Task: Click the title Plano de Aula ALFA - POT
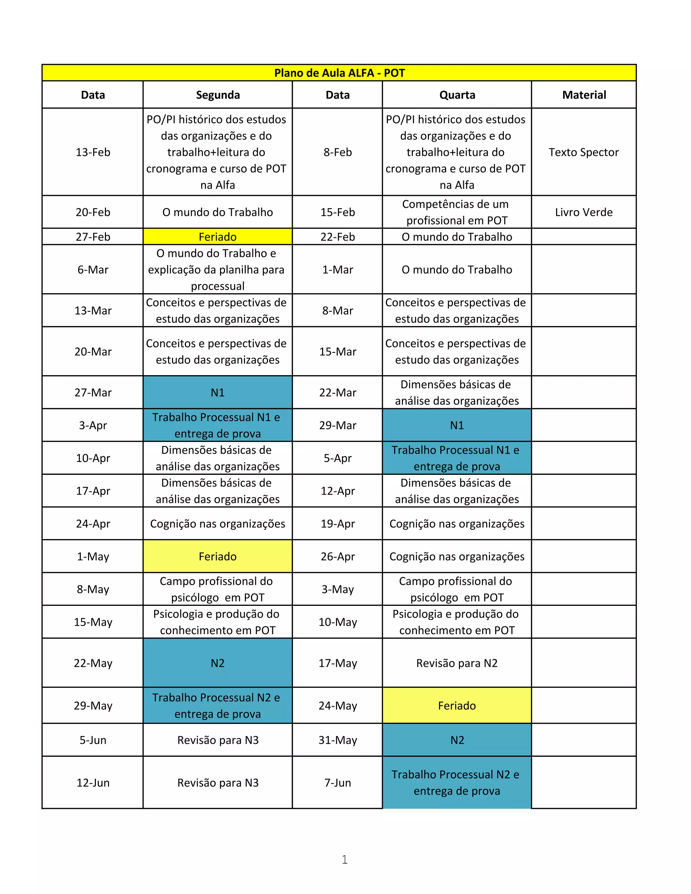click(x=339, y=73)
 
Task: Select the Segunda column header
click(x=217, y=95)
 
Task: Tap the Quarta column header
click(x=457, y=95)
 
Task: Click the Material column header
click(x=584, y=95)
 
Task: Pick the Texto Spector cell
click(x=583, y=152)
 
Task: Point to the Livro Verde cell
click(x=583, y=212)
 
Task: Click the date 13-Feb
click(x=93, y=152)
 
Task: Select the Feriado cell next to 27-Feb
click(x=217, y=236)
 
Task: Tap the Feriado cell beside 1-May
click(x=217, y=556)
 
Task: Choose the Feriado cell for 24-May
click(x=457, y=705)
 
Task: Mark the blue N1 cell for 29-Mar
click(x=457, y=425)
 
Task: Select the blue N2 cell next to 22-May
click(x=217, y=663)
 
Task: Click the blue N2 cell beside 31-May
click(x=457, y=740)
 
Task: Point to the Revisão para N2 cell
click(x=457, y=663)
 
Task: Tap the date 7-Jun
click(x=338, y=782)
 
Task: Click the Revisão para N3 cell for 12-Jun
click(x=217, y=782)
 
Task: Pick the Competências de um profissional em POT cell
click(x=457, y=212)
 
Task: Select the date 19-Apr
click(x=338, y=524)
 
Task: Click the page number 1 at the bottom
click(x=345, y=859)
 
